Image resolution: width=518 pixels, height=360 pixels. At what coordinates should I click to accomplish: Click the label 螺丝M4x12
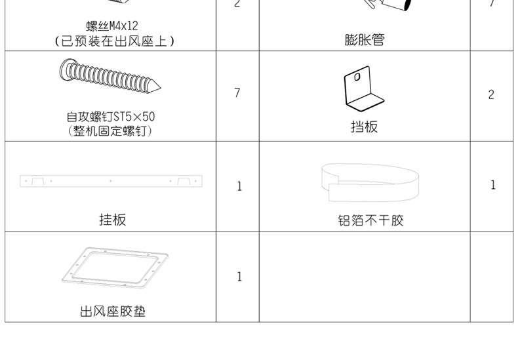point(111,27)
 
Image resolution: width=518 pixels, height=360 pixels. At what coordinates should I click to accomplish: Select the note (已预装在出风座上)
point(112,41)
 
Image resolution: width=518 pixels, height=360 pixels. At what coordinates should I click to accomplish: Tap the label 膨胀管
point(365,40)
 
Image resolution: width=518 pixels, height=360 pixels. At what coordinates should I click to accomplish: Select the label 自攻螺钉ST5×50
point(111,117)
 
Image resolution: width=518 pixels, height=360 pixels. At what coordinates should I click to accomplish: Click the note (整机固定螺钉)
point(111,131)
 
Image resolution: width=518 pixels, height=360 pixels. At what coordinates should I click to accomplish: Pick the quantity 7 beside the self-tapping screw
point(237,93)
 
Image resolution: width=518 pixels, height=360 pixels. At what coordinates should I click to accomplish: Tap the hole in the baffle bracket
point(356,76)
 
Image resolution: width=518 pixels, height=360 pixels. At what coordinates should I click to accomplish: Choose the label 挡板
point(365,127)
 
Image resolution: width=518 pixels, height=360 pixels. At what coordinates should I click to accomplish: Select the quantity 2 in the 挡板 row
point(491,94)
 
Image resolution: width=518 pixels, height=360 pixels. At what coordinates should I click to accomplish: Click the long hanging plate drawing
point(111,180)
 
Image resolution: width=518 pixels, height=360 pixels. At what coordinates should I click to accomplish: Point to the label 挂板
point(112,220)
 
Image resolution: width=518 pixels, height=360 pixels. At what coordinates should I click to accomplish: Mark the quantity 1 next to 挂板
point(239,187)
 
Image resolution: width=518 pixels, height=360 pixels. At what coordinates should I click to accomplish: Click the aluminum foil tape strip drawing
point(370,181)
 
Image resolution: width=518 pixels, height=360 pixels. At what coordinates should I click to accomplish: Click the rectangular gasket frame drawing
point(113,268)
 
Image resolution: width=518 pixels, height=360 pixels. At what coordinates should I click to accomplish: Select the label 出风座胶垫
point(112,311)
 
